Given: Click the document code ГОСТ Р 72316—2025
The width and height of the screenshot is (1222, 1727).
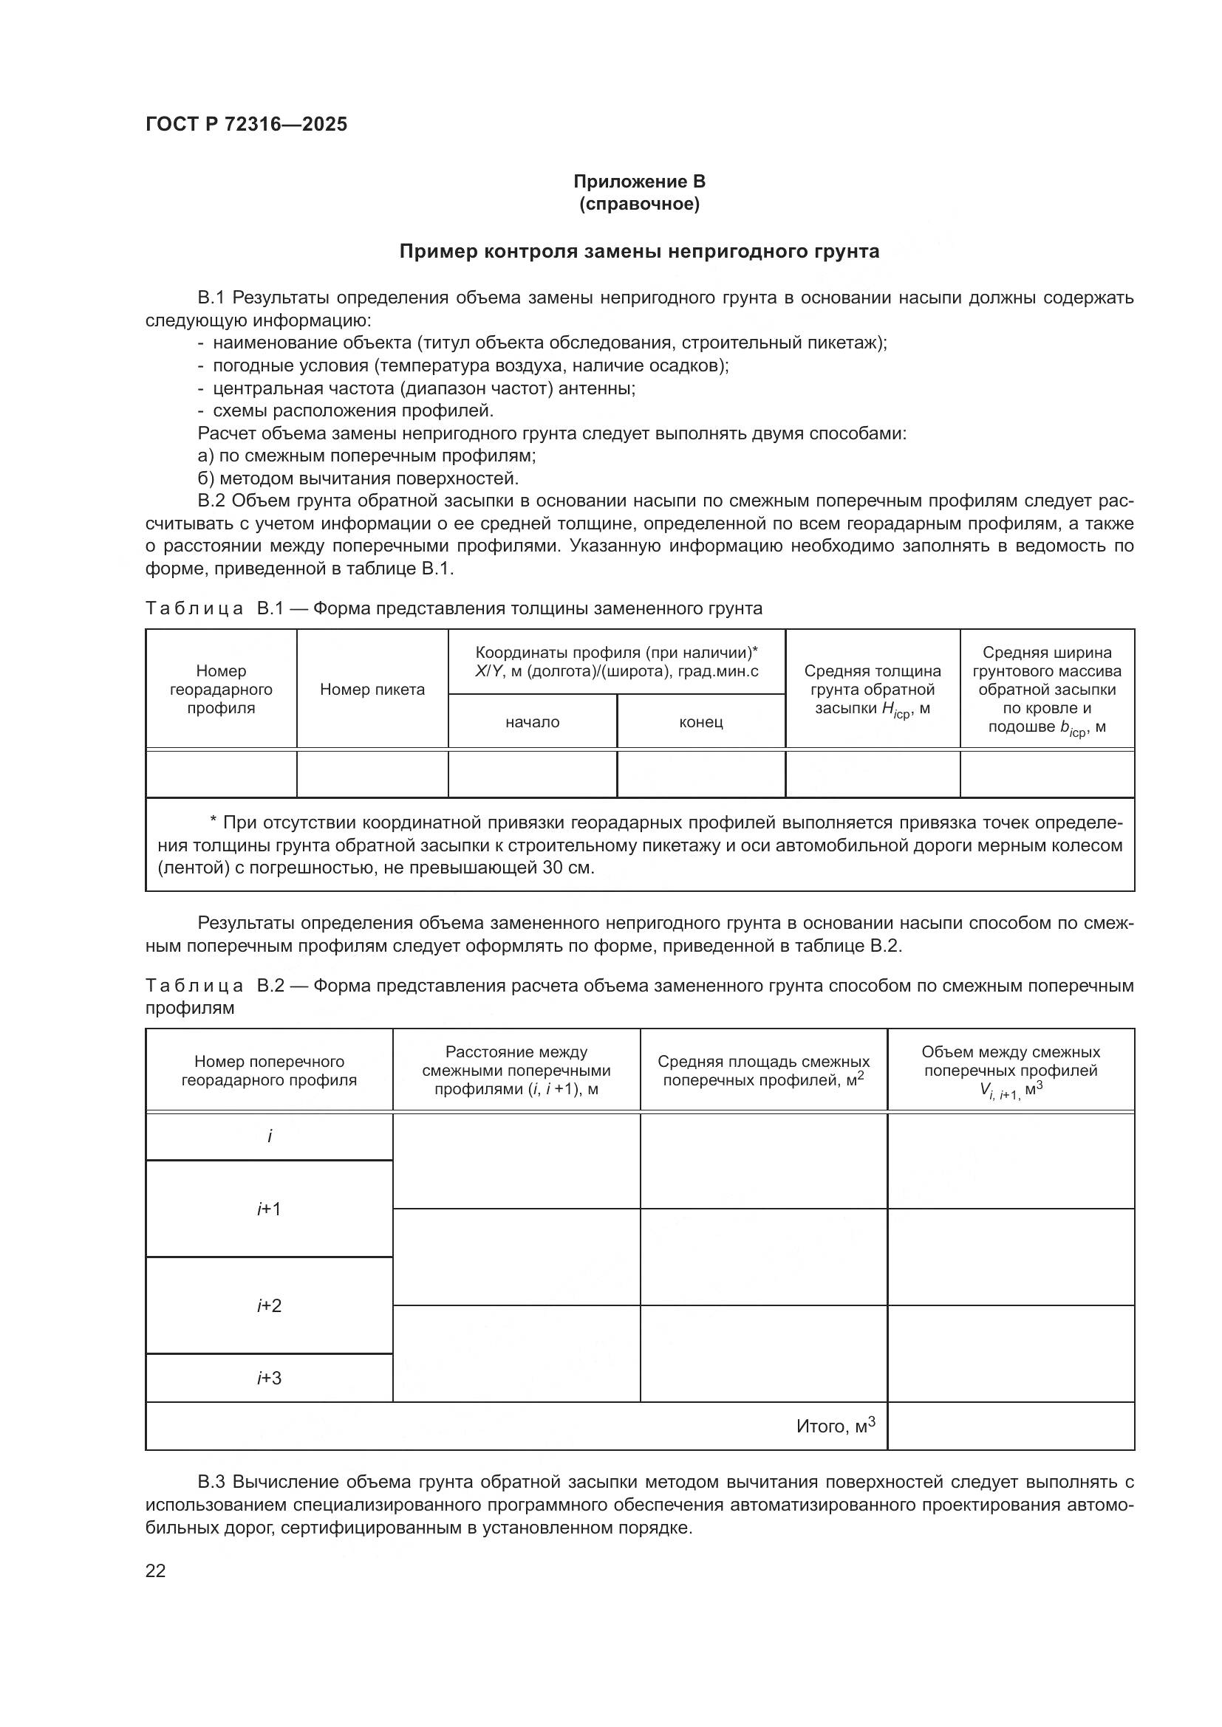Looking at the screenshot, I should (x=246, y=124).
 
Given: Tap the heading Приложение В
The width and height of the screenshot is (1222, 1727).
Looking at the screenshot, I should (x=639, y=182).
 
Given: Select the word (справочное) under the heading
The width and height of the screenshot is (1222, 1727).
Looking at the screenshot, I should (x=639, y=204).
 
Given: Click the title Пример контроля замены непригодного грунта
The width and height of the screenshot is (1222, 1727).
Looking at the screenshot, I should (x=639, y=251).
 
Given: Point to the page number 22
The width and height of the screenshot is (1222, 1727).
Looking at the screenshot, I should (x=155, y=1570).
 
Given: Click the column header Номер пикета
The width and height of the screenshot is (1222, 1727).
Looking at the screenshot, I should (x=372, y=689).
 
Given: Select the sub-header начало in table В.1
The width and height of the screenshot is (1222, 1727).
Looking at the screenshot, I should (x=532, y=722).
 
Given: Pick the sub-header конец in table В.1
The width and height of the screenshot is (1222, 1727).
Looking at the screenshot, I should (x=700, y=722).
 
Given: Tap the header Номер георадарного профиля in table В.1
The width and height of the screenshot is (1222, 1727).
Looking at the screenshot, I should (x=221, y=689).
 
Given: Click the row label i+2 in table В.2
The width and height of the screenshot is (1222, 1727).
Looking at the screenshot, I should (x=269, y=1305).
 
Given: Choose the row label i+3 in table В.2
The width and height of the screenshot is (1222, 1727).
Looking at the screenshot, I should (x=269, y=1378).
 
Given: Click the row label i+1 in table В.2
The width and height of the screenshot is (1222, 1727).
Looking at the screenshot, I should (x=269, y=1209).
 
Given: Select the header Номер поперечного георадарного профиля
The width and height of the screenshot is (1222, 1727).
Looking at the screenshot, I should (x=269, y=1071).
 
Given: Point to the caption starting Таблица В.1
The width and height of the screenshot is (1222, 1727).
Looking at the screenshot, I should (x=453, y=608).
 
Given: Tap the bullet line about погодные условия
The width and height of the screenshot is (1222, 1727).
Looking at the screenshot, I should (x=462, y=365).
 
